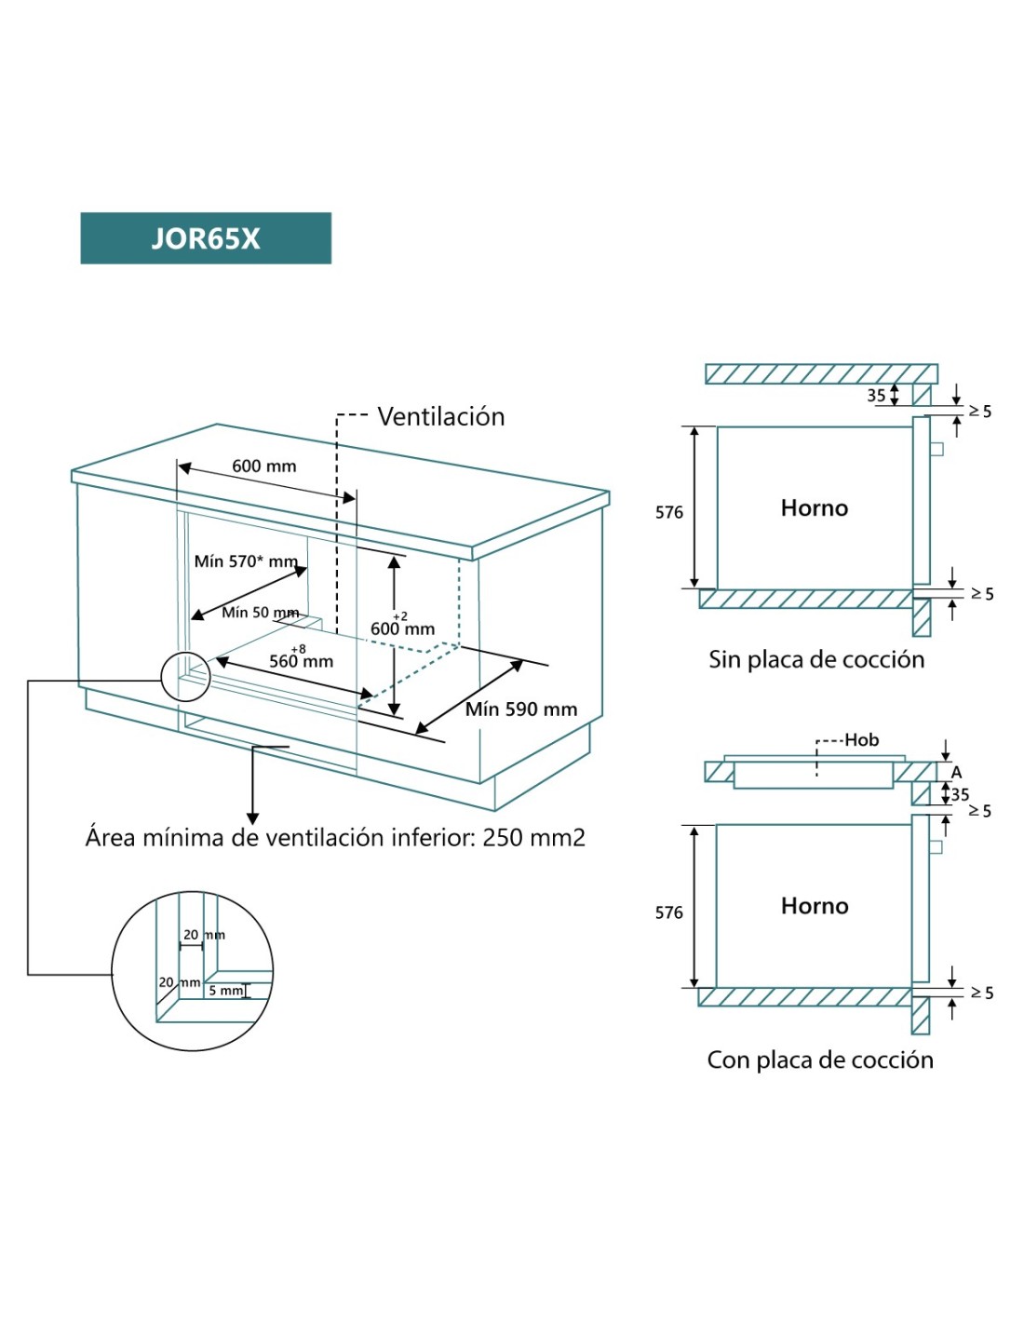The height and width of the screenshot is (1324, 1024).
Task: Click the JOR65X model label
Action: pyautogui.click(x=206, y=238)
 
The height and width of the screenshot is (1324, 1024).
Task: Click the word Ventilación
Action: pyautogui.click(x=440, y=416)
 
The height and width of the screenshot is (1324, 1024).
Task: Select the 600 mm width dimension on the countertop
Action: pyautogui.click(x=263, y=466)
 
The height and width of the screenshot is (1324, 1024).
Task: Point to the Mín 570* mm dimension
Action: pyautogui.click(x=246, y=561)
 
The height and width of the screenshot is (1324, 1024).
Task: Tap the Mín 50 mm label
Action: pyautogui.click(x=260, y=612)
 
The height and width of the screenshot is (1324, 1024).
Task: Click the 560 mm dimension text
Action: pyautogui.click(x=301, y=661)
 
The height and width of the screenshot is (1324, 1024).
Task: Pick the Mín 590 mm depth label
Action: pyautogui.click(x=520, y=709)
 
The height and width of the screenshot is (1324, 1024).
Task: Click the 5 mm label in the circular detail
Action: pyautogui.click(x=224, y=991)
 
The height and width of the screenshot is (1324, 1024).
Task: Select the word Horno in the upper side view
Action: pyautogui.click(x=815, y=507)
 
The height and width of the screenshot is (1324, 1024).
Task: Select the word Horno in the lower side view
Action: pyautogui.click(x=815, y=906)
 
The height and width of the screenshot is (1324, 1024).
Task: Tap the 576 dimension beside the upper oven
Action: pyautogui.click(x=668, y=512)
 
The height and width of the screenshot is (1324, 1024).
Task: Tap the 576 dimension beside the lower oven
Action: pyautogui.click(x=668, y=912)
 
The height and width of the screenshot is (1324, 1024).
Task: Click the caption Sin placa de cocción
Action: pyautogui.click(x=816, y=659)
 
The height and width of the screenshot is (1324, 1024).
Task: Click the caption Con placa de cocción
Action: pyautogui.click(x=819, y=1060)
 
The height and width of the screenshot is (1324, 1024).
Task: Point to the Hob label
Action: pyautogui.click(x=861, y=740)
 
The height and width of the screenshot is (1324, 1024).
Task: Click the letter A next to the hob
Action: pyautogui.click(x=956, y=772)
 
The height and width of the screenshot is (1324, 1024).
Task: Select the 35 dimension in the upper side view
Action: pyautogui.click(x=876, y=395)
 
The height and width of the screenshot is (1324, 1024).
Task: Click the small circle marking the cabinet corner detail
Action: pyautogui.click(x=185, y=676)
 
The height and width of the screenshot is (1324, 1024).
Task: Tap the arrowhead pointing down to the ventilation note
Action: pyautogui.click(x=252, y=817)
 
